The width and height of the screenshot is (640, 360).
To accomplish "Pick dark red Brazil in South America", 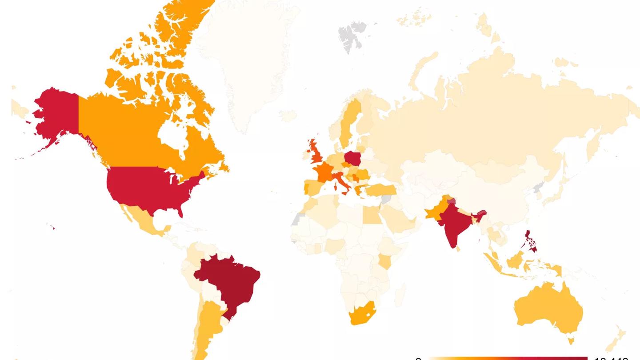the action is coord(229,280).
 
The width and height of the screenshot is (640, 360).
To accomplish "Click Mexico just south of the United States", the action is coord(144,218).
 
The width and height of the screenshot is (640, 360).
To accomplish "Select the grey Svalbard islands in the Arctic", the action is coord(351,36).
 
